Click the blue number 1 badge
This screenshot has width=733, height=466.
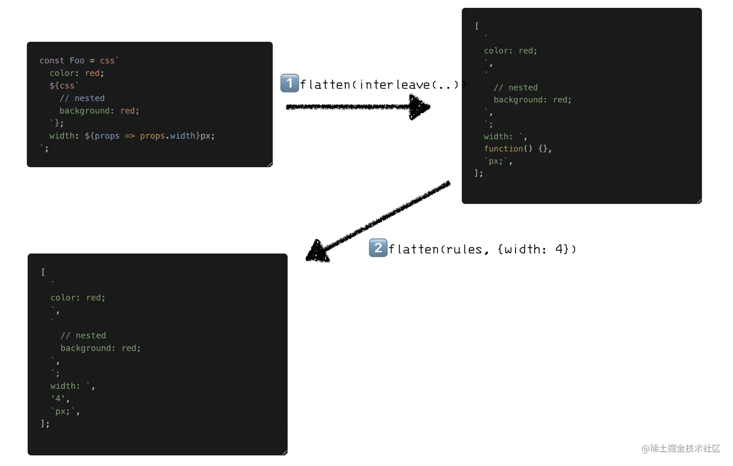pyautogui.click(x=289, y=83)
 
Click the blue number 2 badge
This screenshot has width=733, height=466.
pyautogui.click(x=378, y=248)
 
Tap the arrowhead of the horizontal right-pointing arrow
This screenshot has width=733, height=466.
pyautogui.click(x=419, y=107)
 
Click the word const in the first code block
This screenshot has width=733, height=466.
pyautogui.click(x=52, y=60)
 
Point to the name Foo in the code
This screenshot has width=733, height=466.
pyautogui.click(x=77, y=60)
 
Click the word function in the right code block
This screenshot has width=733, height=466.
pyautogui.click(x=503, y=148)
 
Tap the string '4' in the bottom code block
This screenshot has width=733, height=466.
pyautogui.click(x=58, y=399)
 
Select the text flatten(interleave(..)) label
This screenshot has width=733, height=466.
pyautogui.click(x=382, y=85)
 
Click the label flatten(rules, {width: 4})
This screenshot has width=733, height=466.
pyautogui.click(x=482, y=249)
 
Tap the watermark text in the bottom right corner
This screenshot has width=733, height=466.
pyautogui.click(x=680, y=448)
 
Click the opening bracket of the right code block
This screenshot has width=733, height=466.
pyautogui.click(x=477, y=26)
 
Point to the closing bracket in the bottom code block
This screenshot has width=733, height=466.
pyautogui.click(x=43, y=423)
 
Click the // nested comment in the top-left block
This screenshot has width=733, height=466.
pyautogui.click(x=82, y=98)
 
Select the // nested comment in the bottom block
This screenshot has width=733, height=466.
pyautogui.click(x=83, y=336)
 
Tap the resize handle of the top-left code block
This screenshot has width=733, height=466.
pyautogui.click(x=270, y=165)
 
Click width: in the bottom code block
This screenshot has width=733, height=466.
pyautogui.click(x=65, y=386)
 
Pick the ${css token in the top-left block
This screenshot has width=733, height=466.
pyautogui.click(x=62, y=86)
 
